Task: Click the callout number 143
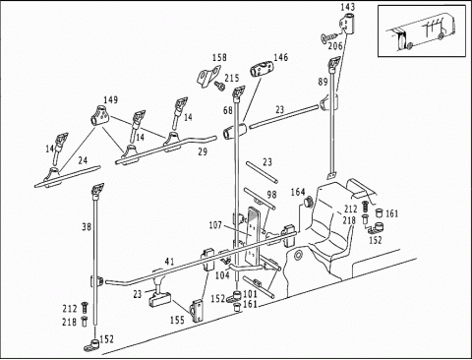click(x=347, y=7)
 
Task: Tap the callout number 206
click(x=335, y=46)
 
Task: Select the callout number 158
click(x=219, y=58)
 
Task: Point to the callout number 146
click(x=281, y=57)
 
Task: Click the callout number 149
click(x=111, y=100)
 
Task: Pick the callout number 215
click(x=232, y=78)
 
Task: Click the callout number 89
click(x=323, y=82)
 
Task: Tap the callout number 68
click(x=228, y=110)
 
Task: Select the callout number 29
click(x=203, y=151)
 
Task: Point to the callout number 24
click(x=83, y=160)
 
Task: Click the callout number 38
click(x=87, y=226)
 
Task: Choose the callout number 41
click(x=169, y=262)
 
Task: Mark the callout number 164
click(x=298, y=192)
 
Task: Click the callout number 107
click(x=215, y=225)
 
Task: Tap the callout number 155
click(x=177, y=320)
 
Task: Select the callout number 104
click(x=222, y=275)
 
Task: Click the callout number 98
click(x=271, y=195)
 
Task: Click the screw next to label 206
click(x=326, y=37)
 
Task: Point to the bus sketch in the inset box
click(x=422, y=30)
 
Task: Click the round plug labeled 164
click(x=308, y=201)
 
